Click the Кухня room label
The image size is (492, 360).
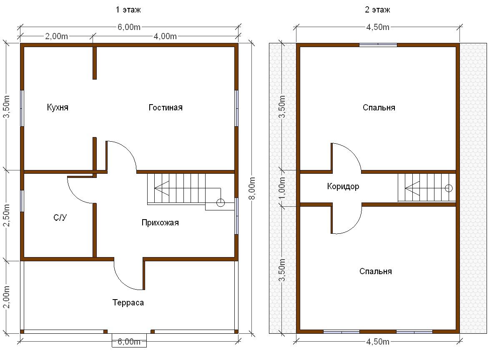58,107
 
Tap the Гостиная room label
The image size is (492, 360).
166,107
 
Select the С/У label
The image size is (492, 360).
60,217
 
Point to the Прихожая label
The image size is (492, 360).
160,222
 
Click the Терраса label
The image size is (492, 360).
128,302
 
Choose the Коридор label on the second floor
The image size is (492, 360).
343,186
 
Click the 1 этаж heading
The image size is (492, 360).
128,10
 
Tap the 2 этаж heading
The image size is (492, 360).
377,10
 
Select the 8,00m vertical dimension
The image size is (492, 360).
252,188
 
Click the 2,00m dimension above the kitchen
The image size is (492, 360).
56,36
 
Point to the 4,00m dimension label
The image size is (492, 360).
165,36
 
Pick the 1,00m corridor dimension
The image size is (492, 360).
282,188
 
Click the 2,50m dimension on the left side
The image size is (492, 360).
7,215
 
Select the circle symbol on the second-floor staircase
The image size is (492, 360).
449,188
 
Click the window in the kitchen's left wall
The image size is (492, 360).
22,108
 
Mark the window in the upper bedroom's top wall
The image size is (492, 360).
378,45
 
